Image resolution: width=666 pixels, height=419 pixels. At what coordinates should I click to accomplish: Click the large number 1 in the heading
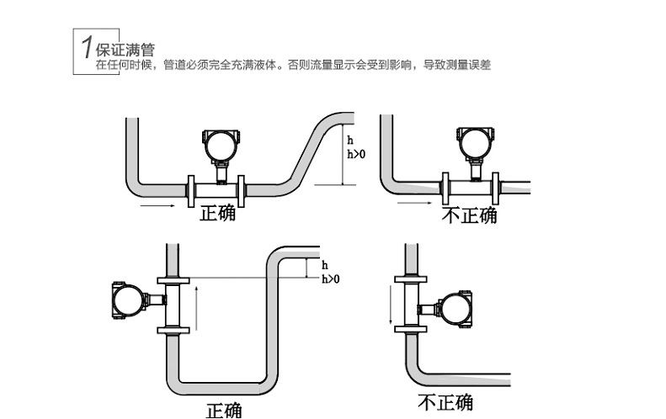pos(86,48)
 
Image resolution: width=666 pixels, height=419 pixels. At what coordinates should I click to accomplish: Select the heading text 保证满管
pos(125,50)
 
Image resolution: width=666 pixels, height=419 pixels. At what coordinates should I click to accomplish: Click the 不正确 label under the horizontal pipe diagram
pos(470,216)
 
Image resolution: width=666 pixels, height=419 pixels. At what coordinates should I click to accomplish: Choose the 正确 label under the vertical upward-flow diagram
pos(225,410)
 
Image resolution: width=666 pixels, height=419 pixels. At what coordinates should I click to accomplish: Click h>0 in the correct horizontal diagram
pos(356,153)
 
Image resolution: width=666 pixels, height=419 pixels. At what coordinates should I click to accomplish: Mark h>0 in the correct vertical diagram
pos(331,278)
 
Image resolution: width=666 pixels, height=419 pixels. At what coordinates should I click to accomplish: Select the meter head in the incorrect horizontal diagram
pos(473,144)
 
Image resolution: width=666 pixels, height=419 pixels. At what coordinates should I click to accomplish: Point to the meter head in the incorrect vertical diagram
pos(456,308)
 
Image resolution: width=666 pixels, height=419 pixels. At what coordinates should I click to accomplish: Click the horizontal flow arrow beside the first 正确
pos(157,204)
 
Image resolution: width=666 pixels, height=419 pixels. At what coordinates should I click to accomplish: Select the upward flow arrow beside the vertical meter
pos(196,307)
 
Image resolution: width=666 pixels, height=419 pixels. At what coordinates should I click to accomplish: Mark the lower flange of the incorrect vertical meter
pos(412,329)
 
